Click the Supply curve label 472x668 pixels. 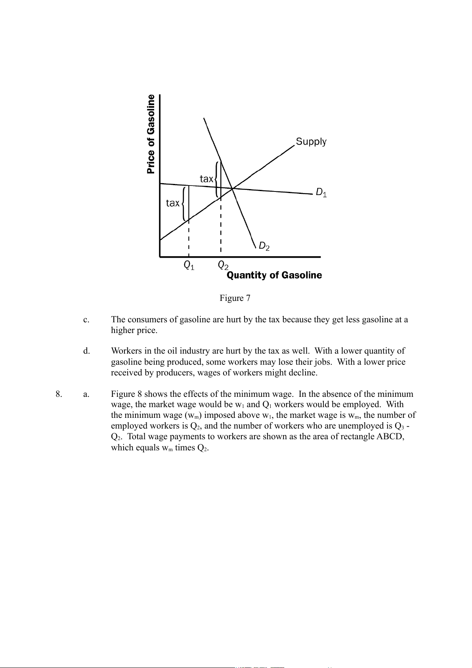pyautogui.click(x=311, y=142)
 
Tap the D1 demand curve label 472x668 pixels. pyautogui.click(x=321, y=193)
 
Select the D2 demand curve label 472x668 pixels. pyautogui.click(x=264, y=246)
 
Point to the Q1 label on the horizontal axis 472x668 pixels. pyautogui.click(x=189, y=265)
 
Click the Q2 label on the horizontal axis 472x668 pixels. pyautogui.click(x=223, y=265)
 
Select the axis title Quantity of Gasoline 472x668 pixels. pyautogui.click(x=274, y=275)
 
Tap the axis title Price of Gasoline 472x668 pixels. pyautogui.click(x=151, y=134)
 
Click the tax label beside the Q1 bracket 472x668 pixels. pyautogui.click(x=172, y=203)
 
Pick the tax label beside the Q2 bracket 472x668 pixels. pyautogui.click(x=206, y=179)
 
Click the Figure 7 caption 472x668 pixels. pyautogui.click(x=235, y=298)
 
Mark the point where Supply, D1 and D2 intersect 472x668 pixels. pyautogui.click(x=232, y=188)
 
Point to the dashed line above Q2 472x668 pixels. pyautogui.click(x=221, y=226)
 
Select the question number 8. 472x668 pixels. pyautogui.click(x=59, y=394)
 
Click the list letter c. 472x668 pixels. pyautogui.click(x=86, y=320)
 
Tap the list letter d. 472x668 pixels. pyautogui.click(x=86, y=351)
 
